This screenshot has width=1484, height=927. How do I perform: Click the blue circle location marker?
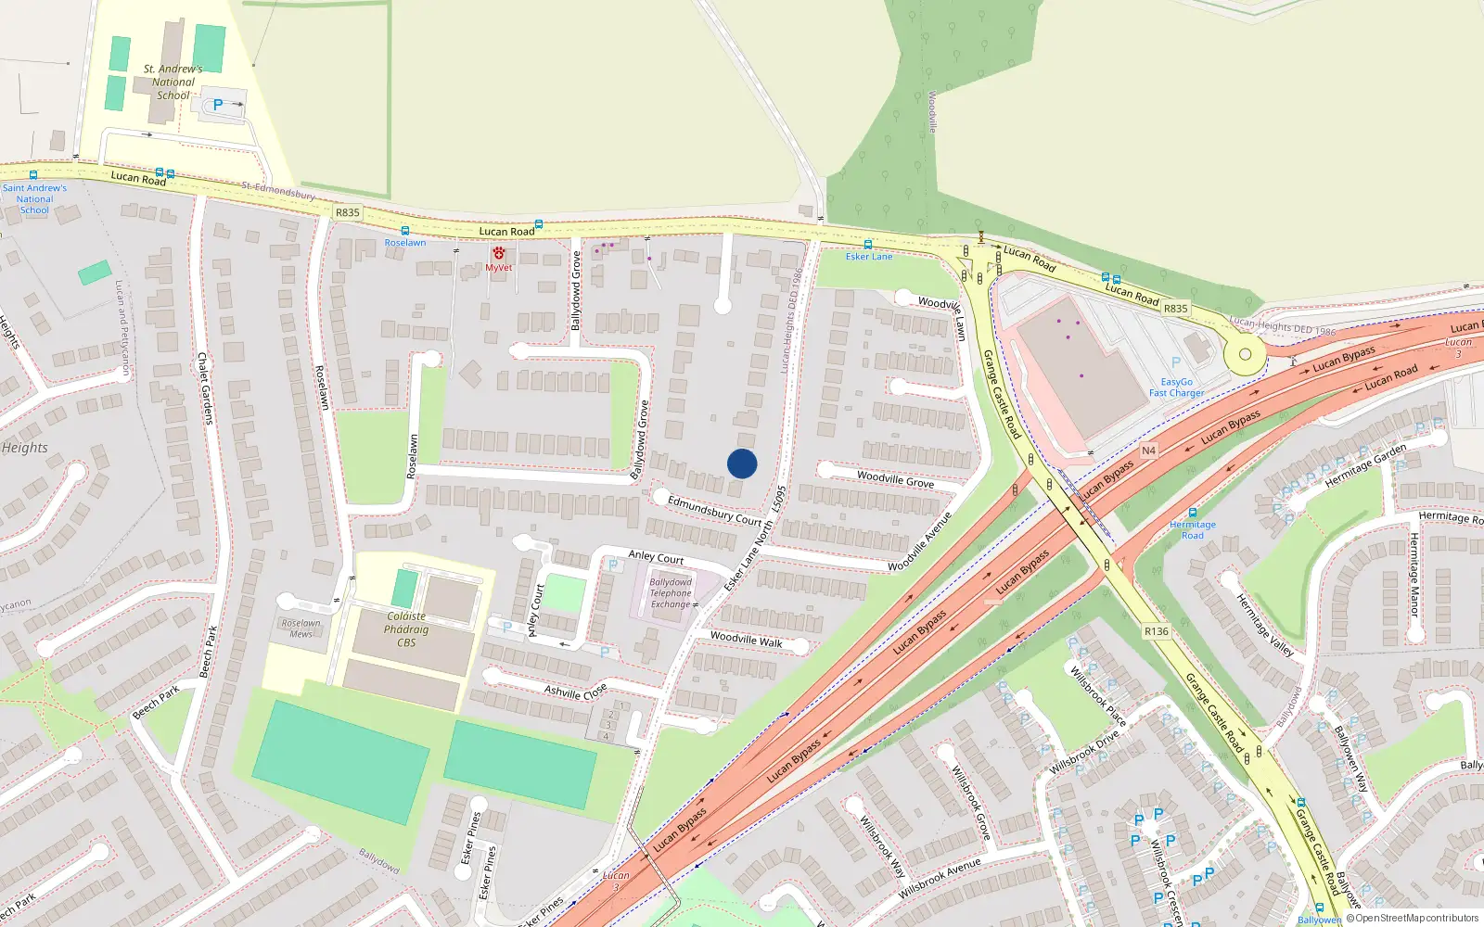742,463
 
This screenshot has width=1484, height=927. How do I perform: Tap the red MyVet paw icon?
499,253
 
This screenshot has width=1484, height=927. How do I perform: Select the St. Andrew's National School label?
173,82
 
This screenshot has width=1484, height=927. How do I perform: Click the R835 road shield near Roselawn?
348,212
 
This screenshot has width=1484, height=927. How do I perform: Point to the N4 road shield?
1148,451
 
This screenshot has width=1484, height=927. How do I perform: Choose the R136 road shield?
1157,631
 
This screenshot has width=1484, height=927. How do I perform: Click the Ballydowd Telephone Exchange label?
671,593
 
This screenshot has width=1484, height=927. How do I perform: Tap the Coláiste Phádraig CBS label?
406,629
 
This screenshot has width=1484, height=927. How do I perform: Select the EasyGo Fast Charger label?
1177,387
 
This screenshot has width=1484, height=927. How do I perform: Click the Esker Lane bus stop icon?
868,245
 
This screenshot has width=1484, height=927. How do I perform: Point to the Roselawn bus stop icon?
404,231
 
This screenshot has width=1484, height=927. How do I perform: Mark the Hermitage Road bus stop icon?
1193,513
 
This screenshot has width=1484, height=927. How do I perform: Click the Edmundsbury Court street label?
714,510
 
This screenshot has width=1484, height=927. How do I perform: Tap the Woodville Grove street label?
895,478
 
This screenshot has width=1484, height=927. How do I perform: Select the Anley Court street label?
656,557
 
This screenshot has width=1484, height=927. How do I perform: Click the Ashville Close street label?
575,692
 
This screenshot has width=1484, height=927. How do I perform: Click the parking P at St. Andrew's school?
218,106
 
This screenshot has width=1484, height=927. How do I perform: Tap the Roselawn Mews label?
301,629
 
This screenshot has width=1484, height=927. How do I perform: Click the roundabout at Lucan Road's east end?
1245,354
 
